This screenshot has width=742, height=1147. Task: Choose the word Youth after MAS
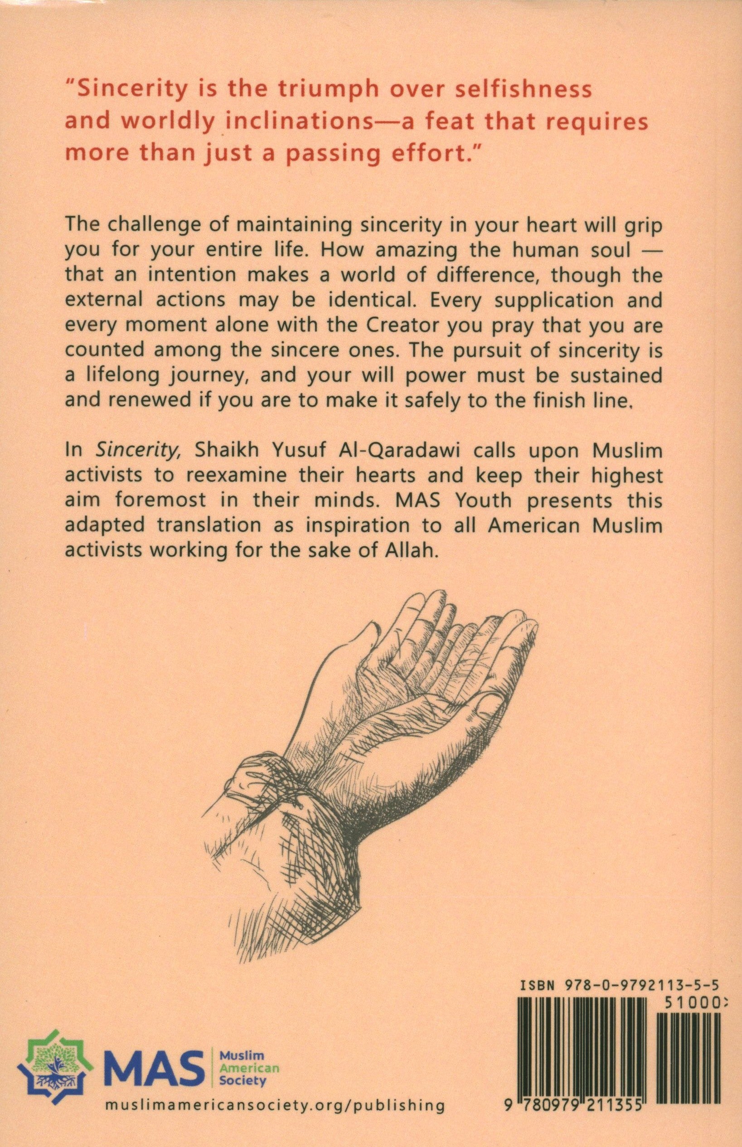point(477,501)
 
